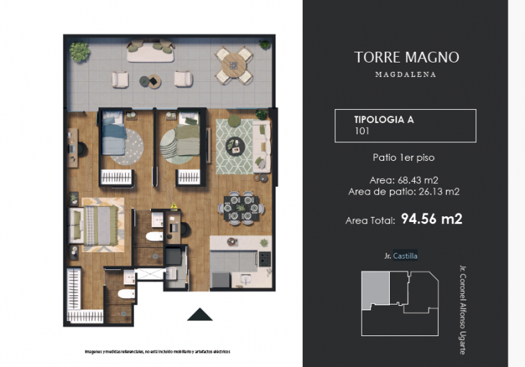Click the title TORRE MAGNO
point(406,57)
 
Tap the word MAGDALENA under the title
point(406,74)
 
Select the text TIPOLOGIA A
point(384,120)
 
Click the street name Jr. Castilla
point(401,256)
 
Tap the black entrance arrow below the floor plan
point(199,315)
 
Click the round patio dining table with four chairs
point(234,65)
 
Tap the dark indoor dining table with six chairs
point(238,207)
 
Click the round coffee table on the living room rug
point(233,144)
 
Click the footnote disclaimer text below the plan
point(157,351)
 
